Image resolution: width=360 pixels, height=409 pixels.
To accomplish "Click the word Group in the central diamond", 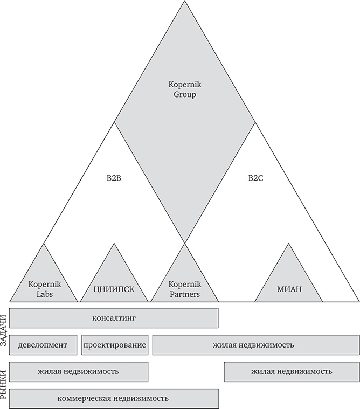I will [x=184, y=95].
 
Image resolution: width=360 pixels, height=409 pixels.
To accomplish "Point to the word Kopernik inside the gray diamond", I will [x=184, y=85].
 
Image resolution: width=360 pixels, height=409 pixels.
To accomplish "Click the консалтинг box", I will [x=114, y=318].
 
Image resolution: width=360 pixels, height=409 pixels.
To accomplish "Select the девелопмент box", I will [x=43, y=345].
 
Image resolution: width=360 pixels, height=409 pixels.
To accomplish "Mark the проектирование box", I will [x=115, y=345].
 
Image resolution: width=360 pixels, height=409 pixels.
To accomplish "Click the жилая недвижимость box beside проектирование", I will [x=256, y=345].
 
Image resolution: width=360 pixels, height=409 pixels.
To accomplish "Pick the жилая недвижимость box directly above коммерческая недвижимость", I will [x=79, y=372].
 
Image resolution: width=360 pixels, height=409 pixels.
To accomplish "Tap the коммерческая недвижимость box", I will [x=114, y=399].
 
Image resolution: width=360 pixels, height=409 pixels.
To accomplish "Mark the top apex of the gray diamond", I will [x=184, y=2].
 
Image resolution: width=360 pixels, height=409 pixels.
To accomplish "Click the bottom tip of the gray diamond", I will [x=184, y=242].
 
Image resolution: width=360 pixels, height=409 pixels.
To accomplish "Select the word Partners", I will [x=184, y=294].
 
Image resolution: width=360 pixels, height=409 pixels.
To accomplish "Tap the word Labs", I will [x=43, y=294].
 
